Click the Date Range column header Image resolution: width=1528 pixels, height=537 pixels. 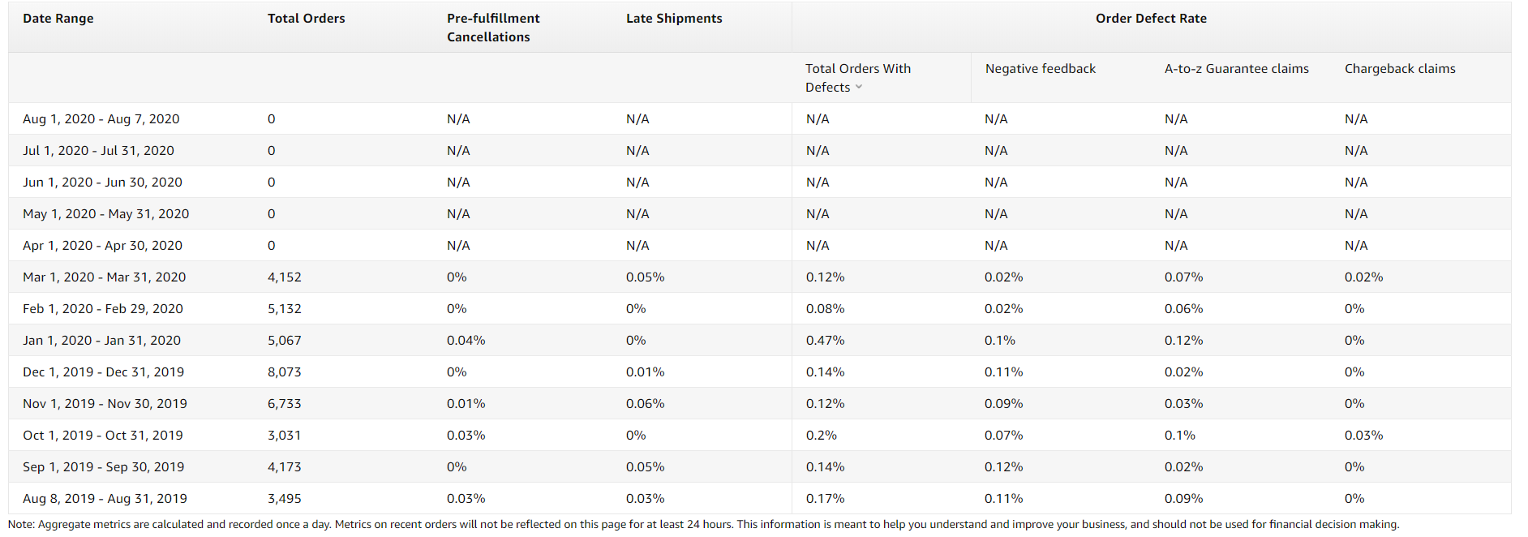58,18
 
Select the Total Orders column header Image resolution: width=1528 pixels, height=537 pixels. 307,18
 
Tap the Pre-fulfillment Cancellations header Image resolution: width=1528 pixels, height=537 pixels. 493,28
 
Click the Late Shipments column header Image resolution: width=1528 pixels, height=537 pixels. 674,18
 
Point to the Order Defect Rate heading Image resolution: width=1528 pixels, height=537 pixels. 1151,18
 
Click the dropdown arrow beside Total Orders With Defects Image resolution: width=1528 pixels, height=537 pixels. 859,88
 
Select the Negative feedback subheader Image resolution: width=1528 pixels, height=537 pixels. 1041,69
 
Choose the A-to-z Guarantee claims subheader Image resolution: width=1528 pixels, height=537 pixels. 1237,69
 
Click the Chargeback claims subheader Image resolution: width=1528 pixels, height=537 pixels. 1400,69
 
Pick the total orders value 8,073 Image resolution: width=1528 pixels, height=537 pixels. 285,372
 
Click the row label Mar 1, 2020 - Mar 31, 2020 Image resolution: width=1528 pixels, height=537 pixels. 105,277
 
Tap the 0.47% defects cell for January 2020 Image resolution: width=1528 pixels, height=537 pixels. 826,341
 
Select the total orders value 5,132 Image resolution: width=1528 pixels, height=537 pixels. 285,309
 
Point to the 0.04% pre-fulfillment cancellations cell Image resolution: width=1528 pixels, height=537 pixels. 466,341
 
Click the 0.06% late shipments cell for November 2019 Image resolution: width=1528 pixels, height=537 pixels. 646,404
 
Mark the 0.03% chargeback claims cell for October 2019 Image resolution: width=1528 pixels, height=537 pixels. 1364,436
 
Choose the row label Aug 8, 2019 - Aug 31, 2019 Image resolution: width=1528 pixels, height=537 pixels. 105,499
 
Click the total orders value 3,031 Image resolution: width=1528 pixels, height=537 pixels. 285,436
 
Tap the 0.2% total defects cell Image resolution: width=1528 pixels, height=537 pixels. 822,436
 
